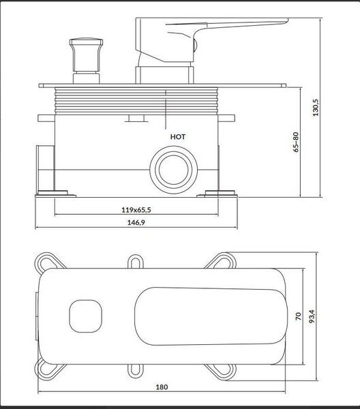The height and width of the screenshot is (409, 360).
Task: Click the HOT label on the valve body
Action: (x=178, y=137)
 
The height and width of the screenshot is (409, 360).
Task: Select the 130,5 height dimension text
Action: (x=316, y=108)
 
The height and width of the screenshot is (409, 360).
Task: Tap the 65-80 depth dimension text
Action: (x=296, y=142)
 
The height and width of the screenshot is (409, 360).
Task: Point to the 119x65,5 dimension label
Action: (x=136, y=210)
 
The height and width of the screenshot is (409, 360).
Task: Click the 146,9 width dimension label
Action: (x=136, y=222)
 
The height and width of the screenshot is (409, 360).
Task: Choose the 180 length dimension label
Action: (x=162, y=387)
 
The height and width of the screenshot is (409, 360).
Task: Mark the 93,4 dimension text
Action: (x=312, y=316)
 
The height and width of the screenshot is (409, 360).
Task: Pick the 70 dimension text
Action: (x=298, y=316)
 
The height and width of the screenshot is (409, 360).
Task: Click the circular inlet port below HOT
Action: (x=174, y=170)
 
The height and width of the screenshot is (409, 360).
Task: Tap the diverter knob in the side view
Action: (x=86, y=61)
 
